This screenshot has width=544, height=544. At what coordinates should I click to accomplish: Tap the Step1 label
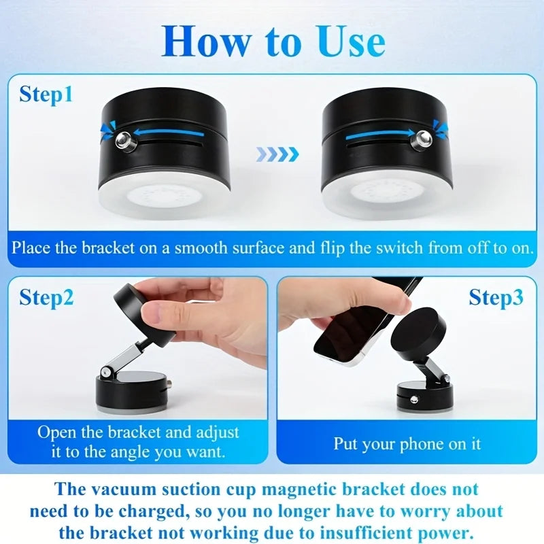46,95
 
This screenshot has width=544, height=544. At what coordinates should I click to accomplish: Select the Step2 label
46,297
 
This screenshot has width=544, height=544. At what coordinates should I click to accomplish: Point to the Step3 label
496,297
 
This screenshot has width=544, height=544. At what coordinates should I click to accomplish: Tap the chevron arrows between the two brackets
277,154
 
